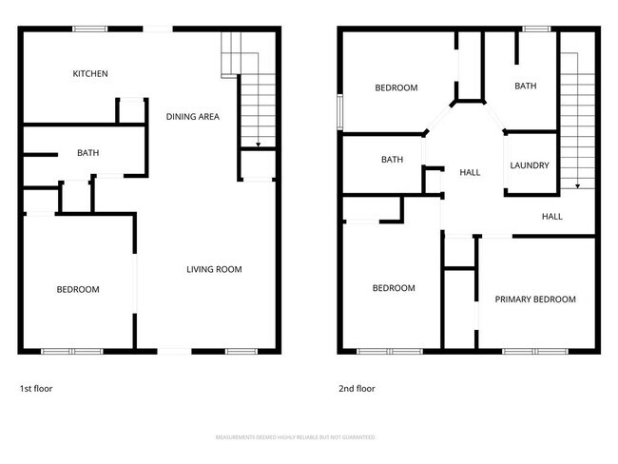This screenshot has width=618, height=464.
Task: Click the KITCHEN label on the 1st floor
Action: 91,74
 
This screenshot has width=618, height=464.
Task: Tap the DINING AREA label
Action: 193,117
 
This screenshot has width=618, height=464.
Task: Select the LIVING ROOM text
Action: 214,270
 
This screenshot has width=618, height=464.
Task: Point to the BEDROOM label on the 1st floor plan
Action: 78,290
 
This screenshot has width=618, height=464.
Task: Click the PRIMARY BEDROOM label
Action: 535,300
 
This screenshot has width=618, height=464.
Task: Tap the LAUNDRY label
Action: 530,165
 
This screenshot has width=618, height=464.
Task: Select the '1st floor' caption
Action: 37,389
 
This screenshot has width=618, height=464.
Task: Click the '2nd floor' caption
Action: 357,389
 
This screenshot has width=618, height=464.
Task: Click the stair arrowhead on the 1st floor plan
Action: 257,145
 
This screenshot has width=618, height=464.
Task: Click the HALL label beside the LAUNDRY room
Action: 470,173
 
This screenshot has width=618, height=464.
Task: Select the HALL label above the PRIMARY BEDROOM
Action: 552,217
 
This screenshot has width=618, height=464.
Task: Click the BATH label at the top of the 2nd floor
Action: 526,87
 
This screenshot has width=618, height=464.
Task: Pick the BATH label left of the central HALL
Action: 392,160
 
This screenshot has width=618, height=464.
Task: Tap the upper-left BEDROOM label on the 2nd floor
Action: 396,88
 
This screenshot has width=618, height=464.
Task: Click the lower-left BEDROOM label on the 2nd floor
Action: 394,289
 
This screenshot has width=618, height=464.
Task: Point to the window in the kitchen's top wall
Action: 90,29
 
